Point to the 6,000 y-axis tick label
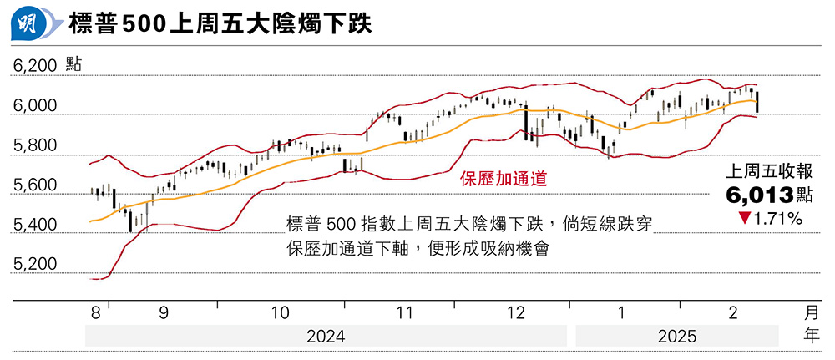pos(34,106)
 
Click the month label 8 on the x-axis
pos(96,313)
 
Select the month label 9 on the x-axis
pos(163,313)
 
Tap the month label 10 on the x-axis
pos(281,313)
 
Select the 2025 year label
pos(676,337)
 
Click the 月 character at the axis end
pos(811,313)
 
